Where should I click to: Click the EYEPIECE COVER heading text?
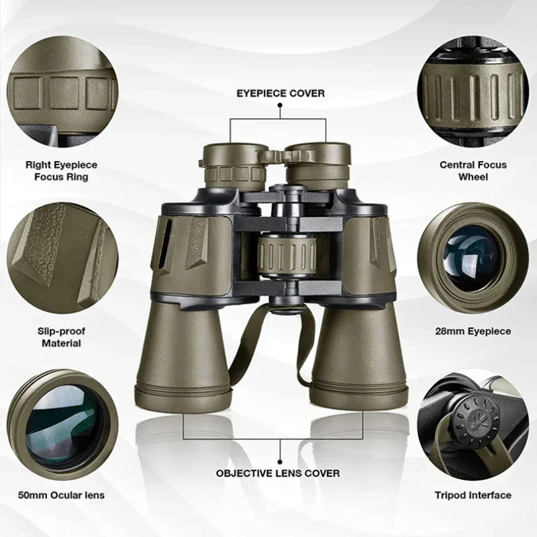(x=280, y=93)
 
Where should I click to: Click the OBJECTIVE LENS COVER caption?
(x=278, y=473)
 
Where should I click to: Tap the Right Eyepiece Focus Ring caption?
(x=61, y=170)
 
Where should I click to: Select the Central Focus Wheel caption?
(x=473, y=170)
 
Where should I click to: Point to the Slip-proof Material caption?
(x=61, y=337)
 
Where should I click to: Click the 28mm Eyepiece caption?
(x=473, y=331)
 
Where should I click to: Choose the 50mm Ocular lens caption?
(x=61, y=496)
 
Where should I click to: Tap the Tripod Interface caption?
(x=473, y=496)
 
